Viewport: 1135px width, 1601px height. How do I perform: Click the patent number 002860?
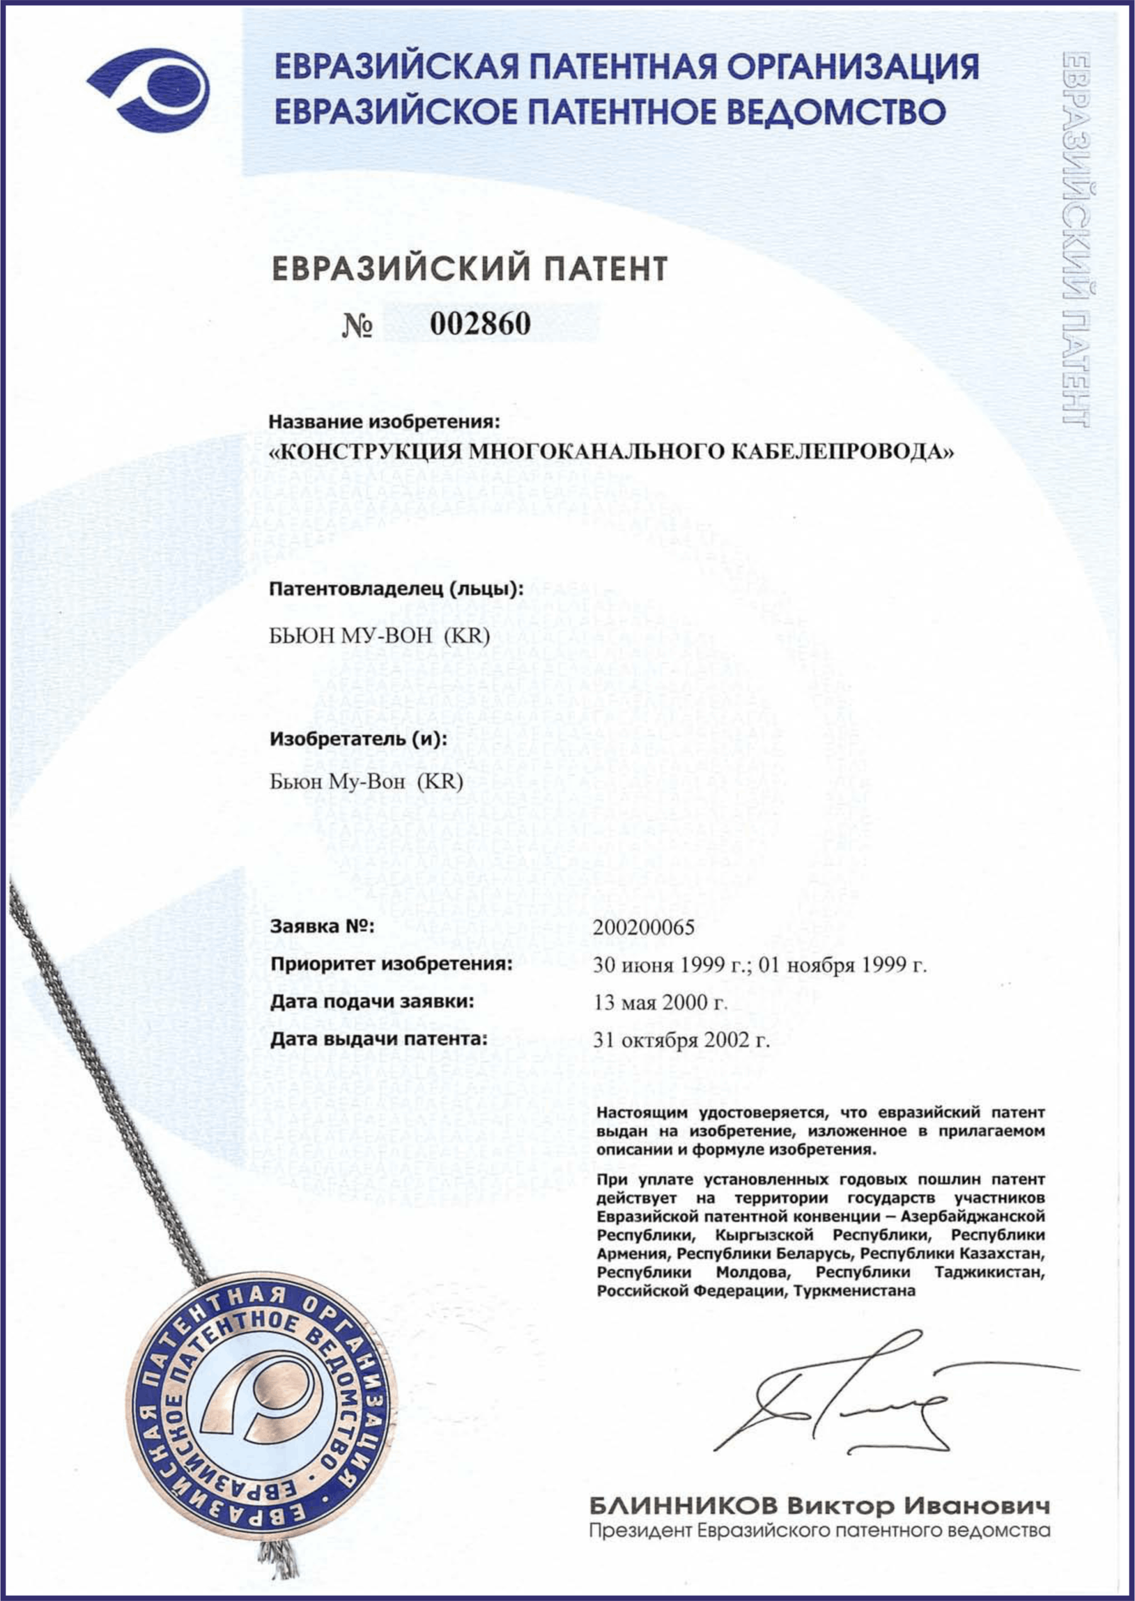tap(480, 323)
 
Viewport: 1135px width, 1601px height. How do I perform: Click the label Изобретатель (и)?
tap(359, 739)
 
